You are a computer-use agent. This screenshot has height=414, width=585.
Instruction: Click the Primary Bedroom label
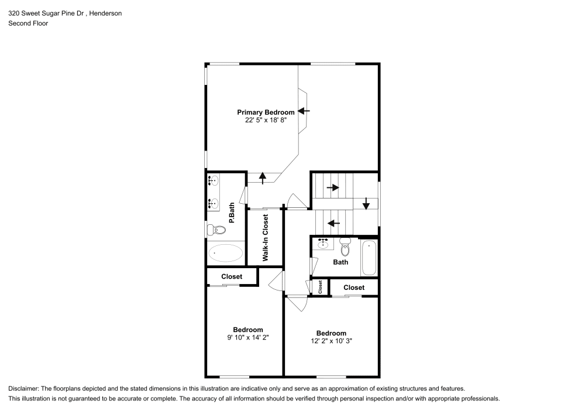point(266,112)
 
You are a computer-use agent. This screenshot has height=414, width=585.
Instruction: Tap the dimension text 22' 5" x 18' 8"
point(266,120)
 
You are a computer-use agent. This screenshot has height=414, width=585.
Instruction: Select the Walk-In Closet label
point(265,237)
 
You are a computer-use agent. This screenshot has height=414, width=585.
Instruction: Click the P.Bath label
point(232,213)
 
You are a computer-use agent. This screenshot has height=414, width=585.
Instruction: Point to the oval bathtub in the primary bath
point(226,253)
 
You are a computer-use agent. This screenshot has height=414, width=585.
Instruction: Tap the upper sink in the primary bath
point(214,182)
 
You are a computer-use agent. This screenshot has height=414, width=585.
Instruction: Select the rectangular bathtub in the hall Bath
point(369,258)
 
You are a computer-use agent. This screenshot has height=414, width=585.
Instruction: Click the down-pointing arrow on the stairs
point(366,203)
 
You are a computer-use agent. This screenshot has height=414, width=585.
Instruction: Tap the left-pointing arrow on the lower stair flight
point(334,223)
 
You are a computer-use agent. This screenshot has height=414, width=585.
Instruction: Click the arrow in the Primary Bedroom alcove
point(304,110)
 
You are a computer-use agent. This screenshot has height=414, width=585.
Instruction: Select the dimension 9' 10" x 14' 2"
point(248,337)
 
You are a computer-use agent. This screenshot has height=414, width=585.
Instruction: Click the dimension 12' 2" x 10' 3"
point(332,341)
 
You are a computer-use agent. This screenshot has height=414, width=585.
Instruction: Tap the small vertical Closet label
point(321,287)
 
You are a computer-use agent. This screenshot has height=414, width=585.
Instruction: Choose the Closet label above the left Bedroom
point(232,276)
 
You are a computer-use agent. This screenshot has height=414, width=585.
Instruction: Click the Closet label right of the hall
point(354,288)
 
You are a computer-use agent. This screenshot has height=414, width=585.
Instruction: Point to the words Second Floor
point(28,23)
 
